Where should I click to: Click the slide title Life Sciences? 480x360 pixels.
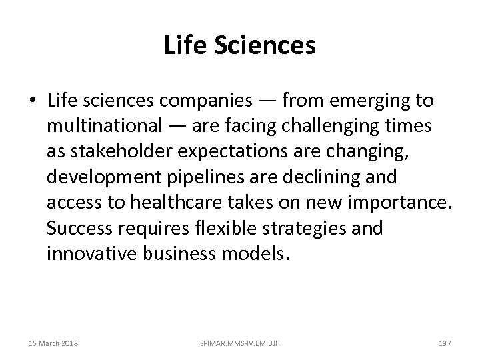pyautogui.click(x=239, y=46)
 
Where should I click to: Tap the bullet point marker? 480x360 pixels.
pyautogui.click(x=33, y=101)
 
